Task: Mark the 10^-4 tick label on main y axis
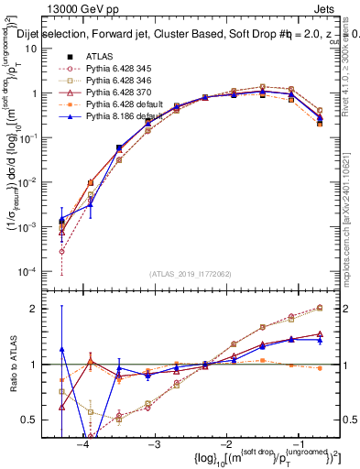coord(41,272)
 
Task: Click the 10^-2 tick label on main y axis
coord(41,182)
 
